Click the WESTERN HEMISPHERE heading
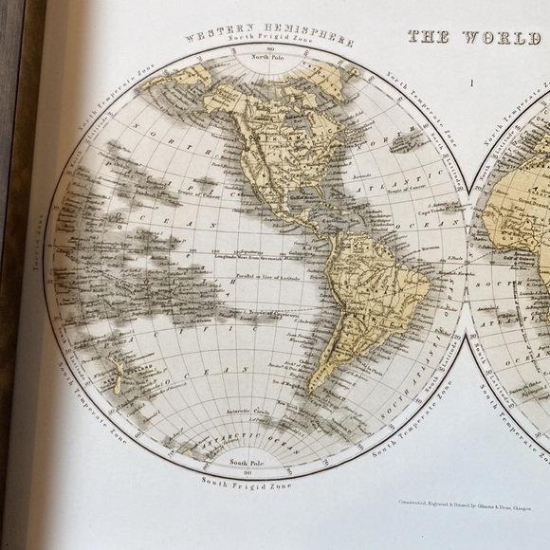(x=269, y=39)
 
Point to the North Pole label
(x=268, y=58)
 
